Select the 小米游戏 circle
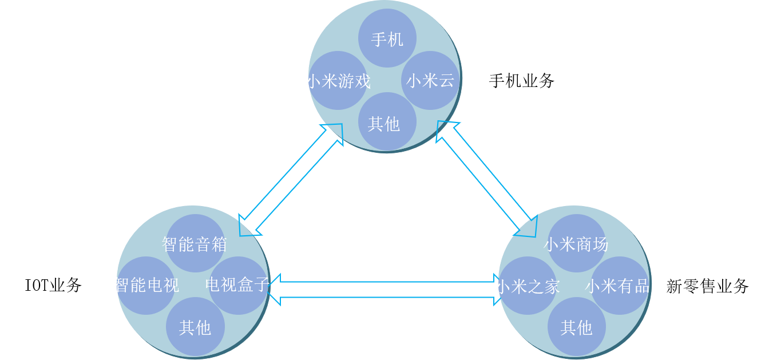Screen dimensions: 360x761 coord(338,81)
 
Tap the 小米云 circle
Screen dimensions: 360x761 coord(430,81)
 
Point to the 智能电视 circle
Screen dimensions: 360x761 coord(146,285)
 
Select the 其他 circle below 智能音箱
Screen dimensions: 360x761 coord(195,327)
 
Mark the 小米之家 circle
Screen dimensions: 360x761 coord(528,285)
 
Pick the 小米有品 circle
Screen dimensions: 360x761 coord(619,285)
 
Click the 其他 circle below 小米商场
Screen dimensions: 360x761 coord(576,327)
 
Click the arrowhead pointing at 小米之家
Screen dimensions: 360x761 coord(496,290)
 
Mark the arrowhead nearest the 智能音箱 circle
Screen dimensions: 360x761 coord(248,226)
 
